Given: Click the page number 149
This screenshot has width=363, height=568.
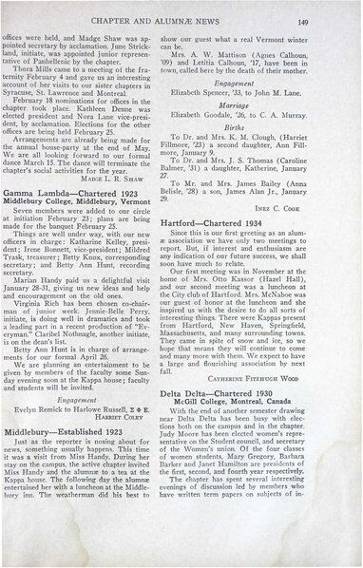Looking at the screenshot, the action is [327, 18].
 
